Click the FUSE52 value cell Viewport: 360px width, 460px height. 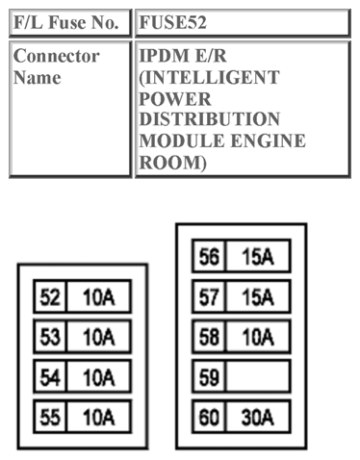tap(241, 21)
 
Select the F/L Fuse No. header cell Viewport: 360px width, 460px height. tap(70, 21)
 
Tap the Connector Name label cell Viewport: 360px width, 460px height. tap(70, 108)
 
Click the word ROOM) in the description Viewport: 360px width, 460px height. tap(170, 163)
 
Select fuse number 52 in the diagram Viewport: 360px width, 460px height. tap(49, 296)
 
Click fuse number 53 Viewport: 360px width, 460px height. tap(49, 337)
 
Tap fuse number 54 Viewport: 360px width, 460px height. tap(49, 377)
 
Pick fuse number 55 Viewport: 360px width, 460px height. tap(49, 418)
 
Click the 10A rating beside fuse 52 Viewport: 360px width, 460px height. tap(98, 296)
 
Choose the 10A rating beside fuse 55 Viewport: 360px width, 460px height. tap(98, 418)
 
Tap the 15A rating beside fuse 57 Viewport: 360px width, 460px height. tap(258, 296)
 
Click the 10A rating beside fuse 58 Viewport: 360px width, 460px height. tap(258, 337)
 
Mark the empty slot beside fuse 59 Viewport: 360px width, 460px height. tap(258, 377)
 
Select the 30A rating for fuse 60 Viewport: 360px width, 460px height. tap(258, 418)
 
